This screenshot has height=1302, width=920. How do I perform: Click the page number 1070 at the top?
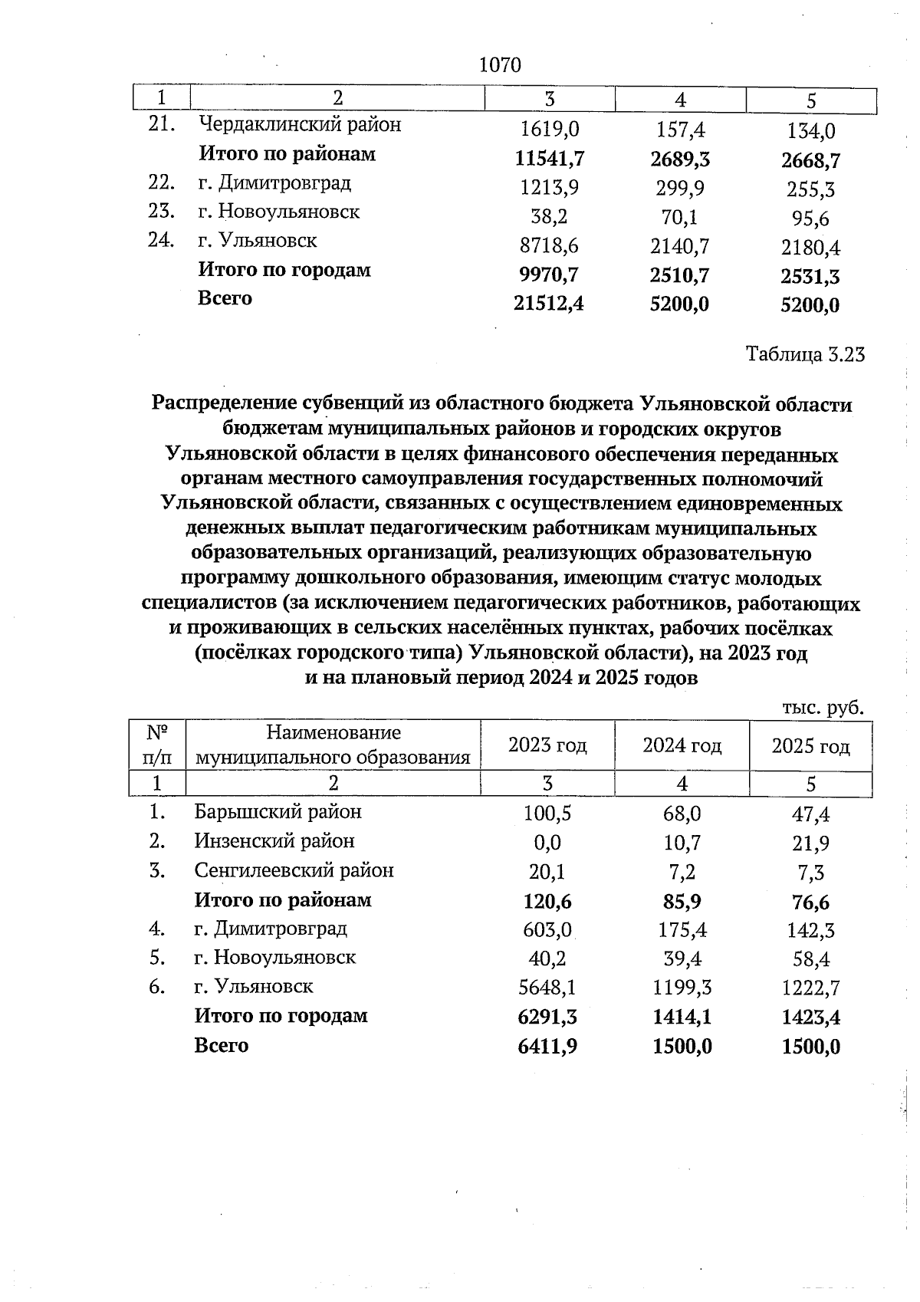499,65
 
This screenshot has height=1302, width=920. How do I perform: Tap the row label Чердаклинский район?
300,124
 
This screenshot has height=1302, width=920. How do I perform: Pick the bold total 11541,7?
549,159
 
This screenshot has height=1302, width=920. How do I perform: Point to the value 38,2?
549,217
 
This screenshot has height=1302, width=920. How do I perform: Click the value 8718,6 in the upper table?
549,246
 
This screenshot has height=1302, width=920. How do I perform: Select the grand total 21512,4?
549,304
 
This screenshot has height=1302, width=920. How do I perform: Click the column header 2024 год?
682,745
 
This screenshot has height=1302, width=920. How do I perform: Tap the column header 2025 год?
810,746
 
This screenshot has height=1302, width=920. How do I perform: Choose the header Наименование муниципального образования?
333,745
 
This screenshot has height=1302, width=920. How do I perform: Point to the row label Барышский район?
278,811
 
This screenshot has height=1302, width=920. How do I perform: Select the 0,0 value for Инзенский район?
547,843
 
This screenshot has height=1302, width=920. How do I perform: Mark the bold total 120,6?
547,902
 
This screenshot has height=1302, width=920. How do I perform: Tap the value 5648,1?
547,988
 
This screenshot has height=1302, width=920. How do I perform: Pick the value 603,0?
547,930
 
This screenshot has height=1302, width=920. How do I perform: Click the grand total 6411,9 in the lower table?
547,1047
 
